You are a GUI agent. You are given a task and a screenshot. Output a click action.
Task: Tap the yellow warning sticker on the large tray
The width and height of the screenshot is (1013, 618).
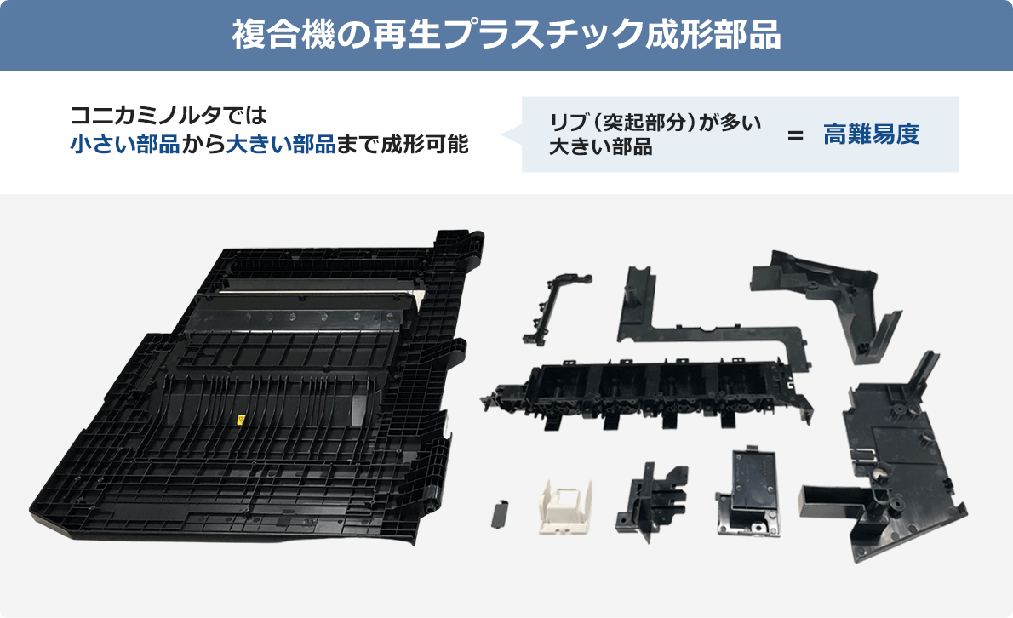[x=240, y=421]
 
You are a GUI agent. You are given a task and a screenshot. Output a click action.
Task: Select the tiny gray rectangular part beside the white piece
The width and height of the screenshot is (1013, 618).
[x=500, y=513]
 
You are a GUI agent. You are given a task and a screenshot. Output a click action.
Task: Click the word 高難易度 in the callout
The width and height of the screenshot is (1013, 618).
[x=871, y=134]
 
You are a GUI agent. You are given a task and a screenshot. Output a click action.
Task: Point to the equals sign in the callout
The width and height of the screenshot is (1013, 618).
[x=795, y=135]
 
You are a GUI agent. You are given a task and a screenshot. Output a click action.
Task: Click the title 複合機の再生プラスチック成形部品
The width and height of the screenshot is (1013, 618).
[x=506, y=35]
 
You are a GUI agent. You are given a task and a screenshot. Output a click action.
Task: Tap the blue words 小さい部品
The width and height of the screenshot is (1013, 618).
[x=124, y=144]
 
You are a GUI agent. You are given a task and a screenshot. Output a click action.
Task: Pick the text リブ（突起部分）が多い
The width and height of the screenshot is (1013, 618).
[x=655, y=122]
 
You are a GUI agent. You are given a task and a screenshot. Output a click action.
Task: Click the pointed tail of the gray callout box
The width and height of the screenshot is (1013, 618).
[x=509, y=134]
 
